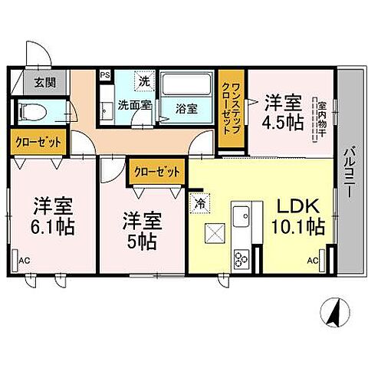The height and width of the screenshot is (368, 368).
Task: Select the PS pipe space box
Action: tap(105, 76)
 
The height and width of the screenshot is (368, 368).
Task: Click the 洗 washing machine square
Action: tap(143, 80)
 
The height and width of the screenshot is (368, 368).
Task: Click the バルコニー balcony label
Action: tap(349, 172)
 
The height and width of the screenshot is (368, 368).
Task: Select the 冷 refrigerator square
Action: tap(200, 205)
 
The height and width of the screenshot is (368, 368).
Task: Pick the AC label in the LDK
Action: tap(313, 261)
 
